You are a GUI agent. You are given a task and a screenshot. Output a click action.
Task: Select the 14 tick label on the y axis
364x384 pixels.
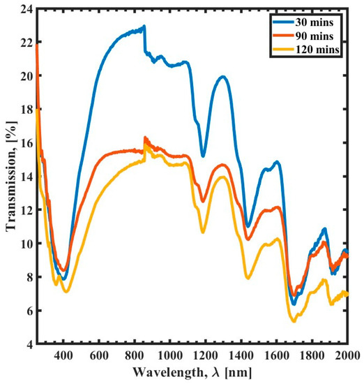tap(24, 177)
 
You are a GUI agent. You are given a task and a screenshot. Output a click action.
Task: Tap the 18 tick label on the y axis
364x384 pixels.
tap(24, 110)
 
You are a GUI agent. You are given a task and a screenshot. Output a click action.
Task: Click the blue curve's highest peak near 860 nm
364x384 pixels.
tap(144, 27)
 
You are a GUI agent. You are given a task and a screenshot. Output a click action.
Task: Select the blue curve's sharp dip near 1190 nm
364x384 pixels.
tap(203, 156)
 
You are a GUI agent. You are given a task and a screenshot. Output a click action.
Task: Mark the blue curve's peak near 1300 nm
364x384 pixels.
tap(222, 77)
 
